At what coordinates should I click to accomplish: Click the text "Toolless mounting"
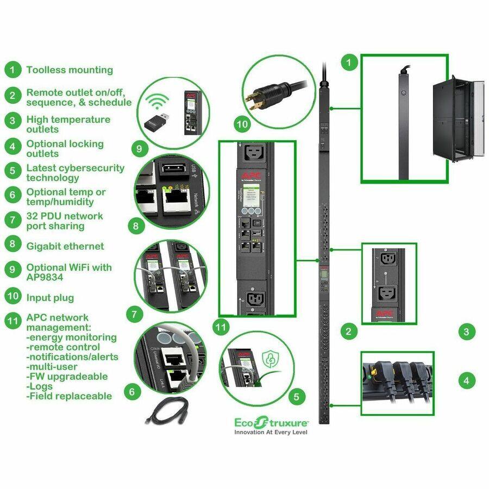pyautogui.click(x=70, y=70)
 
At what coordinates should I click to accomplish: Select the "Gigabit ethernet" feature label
pyautogui.click(x=65, y=246)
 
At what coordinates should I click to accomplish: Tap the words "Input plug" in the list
pyautogui.click(x=50, y=298)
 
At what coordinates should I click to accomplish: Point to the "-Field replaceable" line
pyautogui.click(x=69, y=396)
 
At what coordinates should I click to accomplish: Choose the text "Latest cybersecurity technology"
pyautogui.click(x=75, y=173)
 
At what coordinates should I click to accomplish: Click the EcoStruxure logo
pyautogui.click(x=271, y=422)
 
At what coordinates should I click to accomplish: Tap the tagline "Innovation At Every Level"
pyautogui.click(x=271, y=432)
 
